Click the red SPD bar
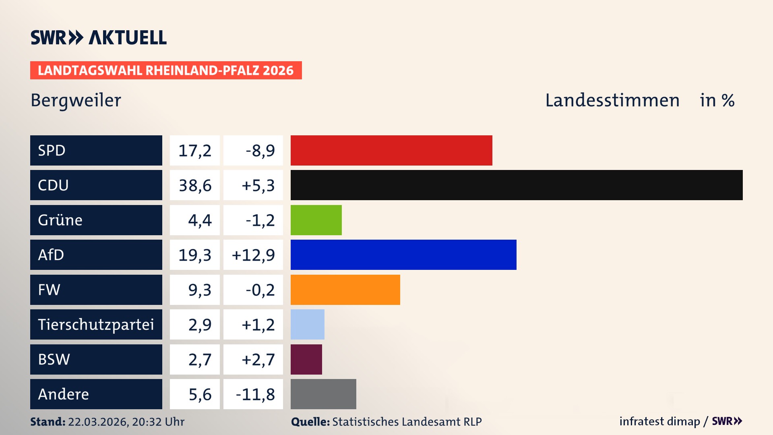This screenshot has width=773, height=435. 391,150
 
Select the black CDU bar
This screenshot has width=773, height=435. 517,185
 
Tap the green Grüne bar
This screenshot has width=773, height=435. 316,220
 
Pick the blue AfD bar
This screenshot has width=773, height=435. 403,255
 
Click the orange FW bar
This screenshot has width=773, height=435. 345,290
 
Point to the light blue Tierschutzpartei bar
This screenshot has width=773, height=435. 308,324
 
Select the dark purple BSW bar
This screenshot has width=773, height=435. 306,359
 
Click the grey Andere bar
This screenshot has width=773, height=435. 323,394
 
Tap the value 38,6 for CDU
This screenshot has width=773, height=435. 195,185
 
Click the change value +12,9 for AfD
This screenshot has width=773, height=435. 253,255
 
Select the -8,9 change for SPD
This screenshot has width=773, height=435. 260,150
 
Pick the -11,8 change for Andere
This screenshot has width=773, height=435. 255,394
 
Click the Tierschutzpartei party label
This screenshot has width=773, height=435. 96,324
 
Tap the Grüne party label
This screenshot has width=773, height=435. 60,220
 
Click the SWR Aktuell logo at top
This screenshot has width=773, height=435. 99,37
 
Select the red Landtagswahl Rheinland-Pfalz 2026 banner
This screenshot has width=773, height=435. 166,70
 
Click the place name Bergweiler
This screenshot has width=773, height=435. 76,100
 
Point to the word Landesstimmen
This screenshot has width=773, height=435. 612,100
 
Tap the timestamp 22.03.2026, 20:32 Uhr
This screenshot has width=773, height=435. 126,422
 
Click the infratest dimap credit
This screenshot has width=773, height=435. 659,421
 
